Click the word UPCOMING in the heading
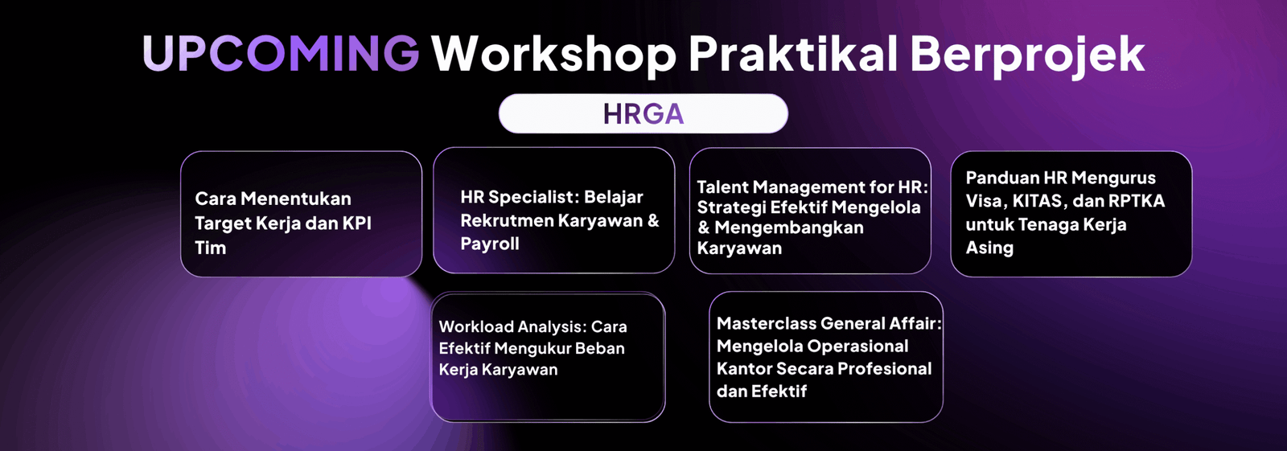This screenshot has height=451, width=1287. (281, 53)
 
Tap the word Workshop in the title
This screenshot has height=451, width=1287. (554, 55)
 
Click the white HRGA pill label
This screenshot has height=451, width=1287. (643, 114)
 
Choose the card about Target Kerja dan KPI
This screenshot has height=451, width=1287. (301, 214)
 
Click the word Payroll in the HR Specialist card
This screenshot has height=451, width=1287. (490, 244)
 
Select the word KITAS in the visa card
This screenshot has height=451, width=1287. (1038, 201)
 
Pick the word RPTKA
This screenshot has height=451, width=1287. (1137, 201)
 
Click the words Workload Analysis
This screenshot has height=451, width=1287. (512, 327)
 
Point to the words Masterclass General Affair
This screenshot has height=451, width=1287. (829, 323)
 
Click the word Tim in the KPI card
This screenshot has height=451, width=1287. (210, 248)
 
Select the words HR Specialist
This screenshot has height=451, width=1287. (520, 198)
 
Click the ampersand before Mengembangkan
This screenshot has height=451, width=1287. (704, 228)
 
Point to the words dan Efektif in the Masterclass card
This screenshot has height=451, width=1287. (761, 392)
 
